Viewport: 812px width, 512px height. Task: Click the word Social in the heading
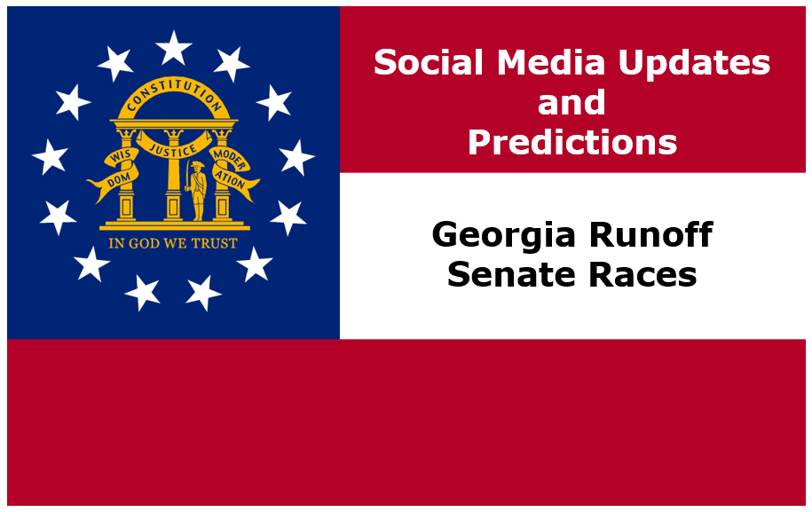click(430, 62)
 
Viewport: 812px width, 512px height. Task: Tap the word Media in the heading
click(551, 62)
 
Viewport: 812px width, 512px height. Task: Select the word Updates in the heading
click(694, 63)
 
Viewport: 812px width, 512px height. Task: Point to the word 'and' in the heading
click(572, 102)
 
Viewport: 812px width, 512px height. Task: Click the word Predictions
click(572, 142)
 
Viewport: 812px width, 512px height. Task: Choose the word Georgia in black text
click(503, 235)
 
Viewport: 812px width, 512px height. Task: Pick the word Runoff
click(650, 234)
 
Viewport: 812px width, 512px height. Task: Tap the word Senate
click(511, 274)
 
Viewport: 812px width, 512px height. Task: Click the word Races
click(643, 274)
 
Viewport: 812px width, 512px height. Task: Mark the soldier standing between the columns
click(196, 191)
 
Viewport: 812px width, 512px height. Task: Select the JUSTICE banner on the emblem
click(173, 146)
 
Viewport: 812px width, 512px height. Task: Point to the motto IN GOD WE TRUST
click(173, 243)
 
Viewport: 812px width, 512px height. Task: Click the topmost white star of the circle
click(173, 48)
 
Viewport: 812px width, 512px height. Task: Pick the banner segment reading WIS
click(122, 156)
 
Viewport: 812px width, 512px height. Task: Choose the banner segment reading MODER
click(228, 158)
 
